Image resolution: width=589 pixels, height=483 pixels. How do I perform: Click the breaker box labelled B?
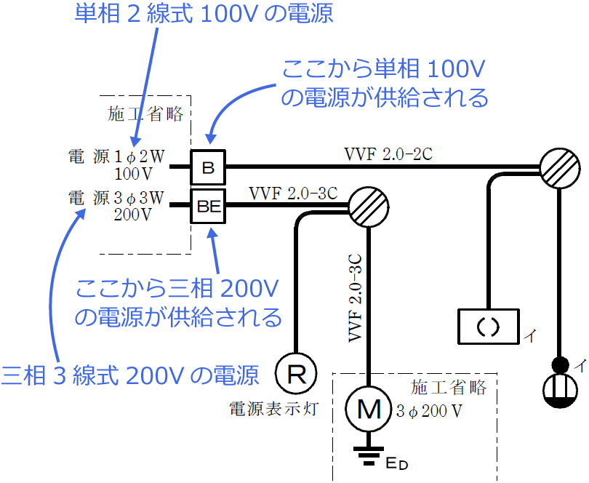(x=208, y=169)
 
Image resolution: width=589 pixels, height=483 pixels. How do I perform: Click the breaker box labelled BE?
(x=208, y=206)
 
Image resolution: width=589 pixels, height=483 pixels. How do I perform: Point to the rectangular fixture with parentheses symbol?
(x=488, y=327)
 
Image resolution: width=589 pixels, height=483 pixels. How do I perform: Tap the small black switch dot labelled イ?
(x=560, y=364)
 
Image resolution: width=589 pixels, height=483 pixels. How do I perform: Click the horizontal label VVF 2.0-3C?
(x=293, y=193)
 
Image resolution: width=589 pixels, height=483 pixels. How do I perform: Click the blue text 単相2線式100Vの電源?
(x=204, y=15)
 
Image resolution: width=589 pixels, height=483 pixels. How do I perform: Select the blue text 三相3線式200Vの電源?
(x=130, y=375)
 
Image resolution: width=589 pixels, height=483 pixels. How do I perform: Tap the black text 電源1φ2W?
(x=118, y=156)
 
